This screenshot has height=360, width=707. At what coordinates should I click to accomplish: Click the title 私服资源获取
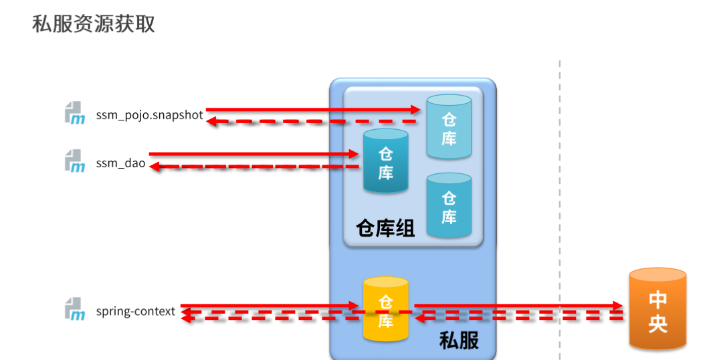coord(94,24)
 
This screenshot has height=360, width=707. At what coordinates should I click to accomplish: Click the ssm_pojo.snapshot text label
coord(149,114)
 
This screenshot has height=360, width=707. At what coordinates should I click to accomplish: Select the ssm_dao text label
coord(120,162)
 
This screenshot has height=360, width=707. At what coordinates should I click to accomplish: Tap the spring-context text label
coord(135,311)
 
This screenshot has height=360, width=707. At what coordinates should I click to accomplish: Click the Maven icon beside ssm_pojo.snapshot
coord(75,114)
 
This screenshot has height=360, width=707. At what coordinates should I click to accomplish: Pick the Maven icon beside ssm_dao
coord(75,161)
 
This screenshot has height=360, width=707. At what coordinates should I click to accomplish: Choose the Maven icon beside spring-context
coord(75,310)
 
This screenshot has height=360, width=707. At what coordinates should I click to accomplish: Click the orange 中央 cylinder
coord(658,309)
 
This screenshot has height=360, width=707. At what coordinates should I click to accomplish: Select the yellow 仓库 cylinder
coord(385,308)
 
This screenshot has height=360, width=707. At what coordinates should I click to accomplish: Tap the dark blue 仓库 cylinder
coord(385,162)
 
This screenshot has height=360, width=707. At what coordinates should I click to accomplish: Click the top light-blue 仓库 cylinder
coord(449,127)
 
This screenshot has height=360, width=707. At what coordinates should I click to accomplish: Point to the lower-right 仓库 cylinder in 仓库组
coord(449,206)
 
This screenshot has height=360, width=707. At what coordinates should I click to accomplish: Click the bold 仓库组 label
coord(385,229)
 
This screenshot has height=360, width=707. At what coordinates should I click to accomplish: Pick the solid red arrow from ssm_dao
coord(254,154)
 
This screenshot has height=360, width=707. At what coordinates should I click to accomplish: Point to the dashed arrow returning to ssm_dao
coord(254,167)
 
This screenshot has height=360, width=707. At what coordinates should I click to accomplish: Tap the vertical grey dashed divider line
coord(560,201)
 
